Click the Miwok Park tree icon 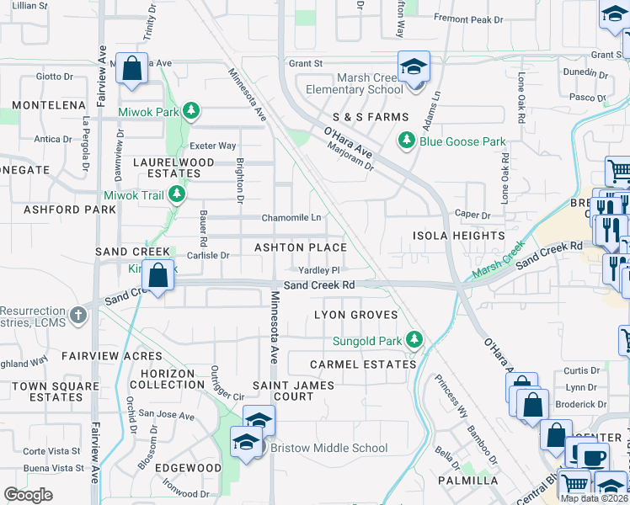click(191, 111)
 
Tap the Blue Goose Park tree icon click(408, 141)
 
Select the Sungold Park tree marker click(414, 339)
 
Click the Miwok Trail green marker click(177, 195)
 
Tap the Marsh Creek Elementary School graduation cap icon click(414, 66)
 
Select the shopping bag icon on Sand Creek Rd click(157, 274)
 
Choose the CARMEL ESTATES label click(363, 364)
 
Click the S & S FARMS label click(371, 117)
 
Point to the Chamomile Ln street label click(291, 217)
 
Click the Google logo click(29, 495)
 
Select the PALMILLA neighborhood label click(467, 481)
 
